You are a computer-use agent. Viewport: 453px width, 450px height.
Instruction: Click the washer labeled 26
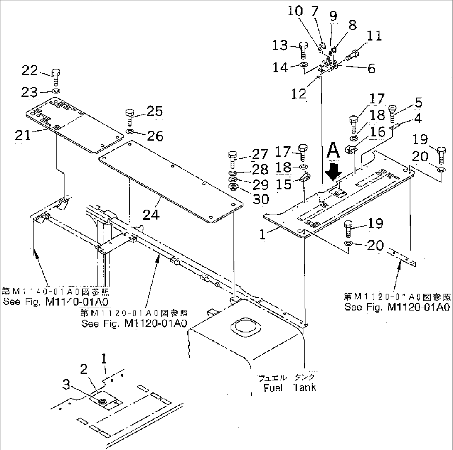click(130, 132)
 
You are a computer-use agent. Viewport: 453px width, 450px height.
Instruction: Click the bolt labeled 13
click(303, 51)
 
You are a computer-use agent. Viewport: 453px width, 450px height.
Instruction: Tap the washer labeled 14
click(303, 65)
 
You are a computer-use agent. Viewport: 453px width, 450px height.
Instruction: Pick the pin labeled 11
click(354, 54)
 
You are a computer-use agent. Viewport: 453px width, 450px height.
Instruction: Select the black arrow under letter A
click(335, 170)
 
